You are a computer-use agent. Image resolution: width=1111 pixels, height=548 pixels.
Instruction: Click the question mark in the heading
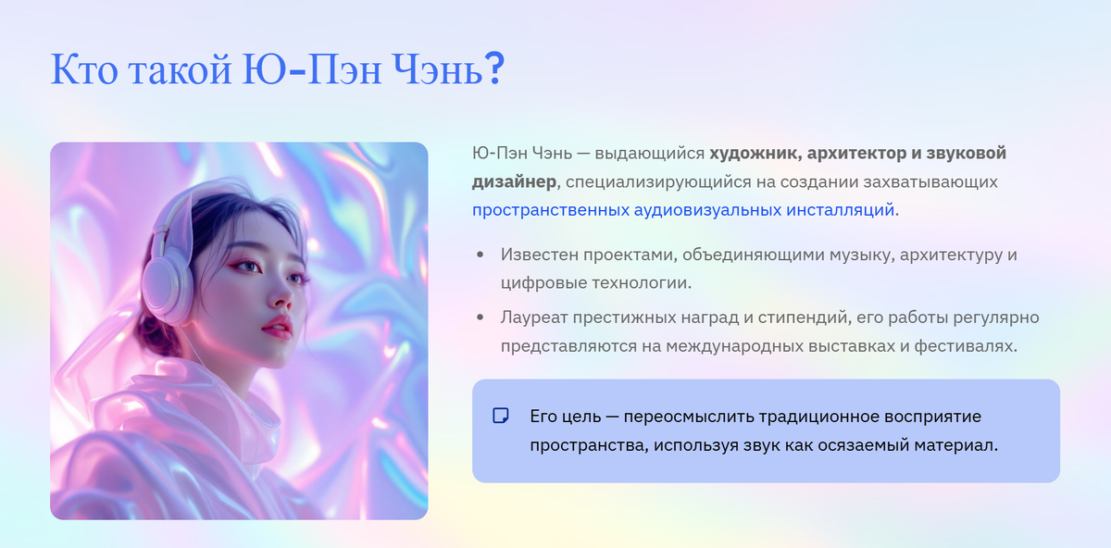pos(494,70)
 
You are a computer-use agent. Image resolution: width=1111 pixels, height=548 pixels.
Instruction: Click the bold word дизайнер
pos(514,181)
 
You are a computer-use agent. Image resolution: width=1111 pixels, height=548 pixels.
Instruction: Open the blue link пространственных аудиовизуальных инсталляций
pos(683,209)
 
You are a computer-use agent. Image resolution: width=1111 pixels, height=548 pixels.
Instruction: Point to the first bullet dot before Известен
pos(480,254)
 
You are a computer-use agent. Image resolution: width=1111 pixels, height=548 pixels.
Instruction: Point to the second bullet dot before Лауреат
pos(480,318)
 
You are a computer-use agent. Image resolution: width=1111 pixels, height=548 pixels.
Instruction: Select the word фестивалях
pos(967,346)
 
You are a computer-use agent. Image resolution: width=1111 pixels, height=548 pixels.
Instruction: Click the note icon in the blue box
pos(501,416)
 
